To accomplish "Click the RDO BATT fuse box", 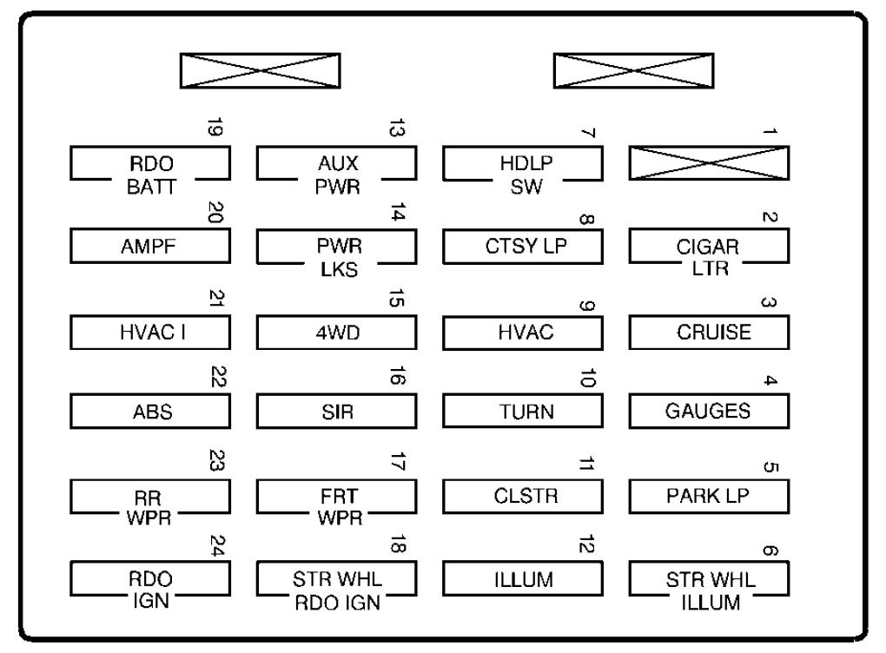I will (x=149, y=164).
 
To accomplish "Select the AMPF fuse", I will (x=149, y=246).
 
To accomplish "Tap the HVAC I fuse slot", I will (x=149, y=332).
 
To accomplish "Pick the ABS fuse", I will (x=149, y=412).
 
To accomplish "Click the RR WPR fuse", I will (x=149, y=498).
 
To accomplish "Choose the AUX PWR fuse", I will (x=336, y=164).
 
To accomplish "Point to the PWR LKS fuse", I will (x=336, y=247).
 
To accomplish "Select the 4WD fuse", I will (x=336, y=332).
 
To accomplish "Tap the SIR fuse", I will (x=336, y=412).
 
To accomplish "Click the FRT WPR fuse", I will (x=336, y=498).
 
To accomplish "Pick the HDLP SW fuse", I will (x=523, y=164).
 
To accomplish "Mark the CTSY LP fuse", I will (x=523, y=246).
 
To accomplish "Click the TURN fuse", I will (x=523, y=412).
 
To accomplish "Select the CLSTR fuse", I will (x=523, y=497).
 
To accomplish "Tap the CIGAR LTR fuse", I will (x=709, y=247).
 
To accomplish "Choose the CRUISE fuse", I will (x=709, y=332).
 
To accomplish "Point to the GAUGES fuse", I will (x=709, y=412).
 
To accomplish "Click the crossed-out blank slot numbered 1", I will (x=709, y=162).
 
